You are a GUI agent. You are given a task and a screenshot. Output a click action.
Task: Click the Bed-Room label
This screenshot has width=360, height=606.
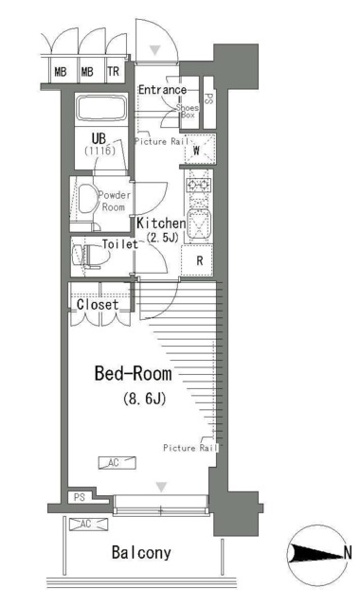[133, 374]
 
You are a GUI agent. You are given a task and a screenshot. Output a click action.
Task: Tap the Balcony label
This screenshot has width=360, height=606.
[141, 553]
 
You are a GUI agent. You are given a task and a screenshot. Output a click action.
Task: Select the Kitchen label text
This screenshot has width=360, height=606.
[161, 223]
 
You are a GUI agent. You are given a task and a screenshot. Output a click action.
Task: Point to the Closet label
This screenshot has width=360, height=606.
[98, 305]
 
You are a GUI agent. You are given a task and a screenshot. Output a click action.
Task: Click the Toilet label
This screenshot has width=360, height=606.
[120, 244]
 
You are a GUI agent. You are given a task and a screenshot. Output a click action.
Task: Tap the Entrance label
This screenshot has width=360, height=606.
[162, 90]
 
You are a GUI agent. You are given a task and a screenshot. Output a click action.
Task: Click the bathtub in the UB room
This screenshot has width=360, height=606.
[101, 108]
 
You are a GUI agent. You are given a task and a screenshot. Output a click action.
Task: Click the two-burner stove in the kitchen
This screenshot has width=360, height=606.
[199, 186]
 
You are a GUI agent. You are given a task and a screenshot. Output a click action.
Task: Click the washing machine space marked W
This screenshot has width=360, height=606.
[199, 150]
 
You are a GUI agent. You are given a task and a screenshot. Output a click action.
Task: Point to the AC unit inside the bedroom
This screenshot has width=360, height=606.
[117, 463]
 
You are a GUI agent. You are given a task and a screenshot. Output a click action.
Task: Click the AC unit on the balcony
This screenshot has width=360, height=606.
[88, 524]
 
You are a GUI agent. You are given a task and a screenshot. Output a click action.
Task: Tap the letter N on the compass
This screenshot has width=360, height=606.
[348, 553]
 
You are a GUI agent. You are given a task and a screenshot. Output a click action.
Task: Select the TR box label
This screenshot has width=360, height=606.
[114, 72]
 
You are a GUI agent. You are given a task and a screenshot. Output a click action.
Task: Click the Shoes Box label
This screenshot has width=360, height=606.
[188, 111]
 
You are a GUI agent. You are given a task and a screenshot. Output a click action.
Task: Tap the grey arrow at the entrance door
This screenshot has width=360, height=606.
[155, 50]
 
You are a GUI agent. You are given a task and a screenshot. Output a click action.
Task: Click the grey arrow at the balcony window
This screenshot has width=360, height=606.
[161, 487]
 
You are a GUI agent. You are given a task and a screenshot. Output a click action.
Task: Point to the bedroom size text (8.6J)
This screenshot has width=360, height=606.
[145, 398]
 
